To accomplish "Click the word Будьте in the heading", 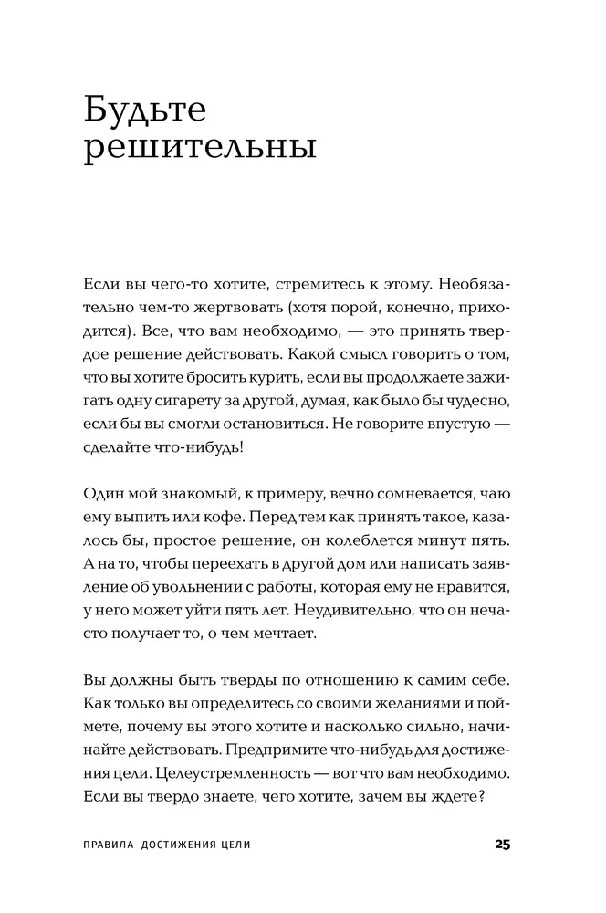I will point(145,110).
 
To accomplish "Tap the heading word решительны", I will point(200,147).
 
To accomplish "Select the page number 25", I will point(502,845).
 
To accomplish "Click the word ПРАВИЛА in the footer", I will point(108,845).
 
